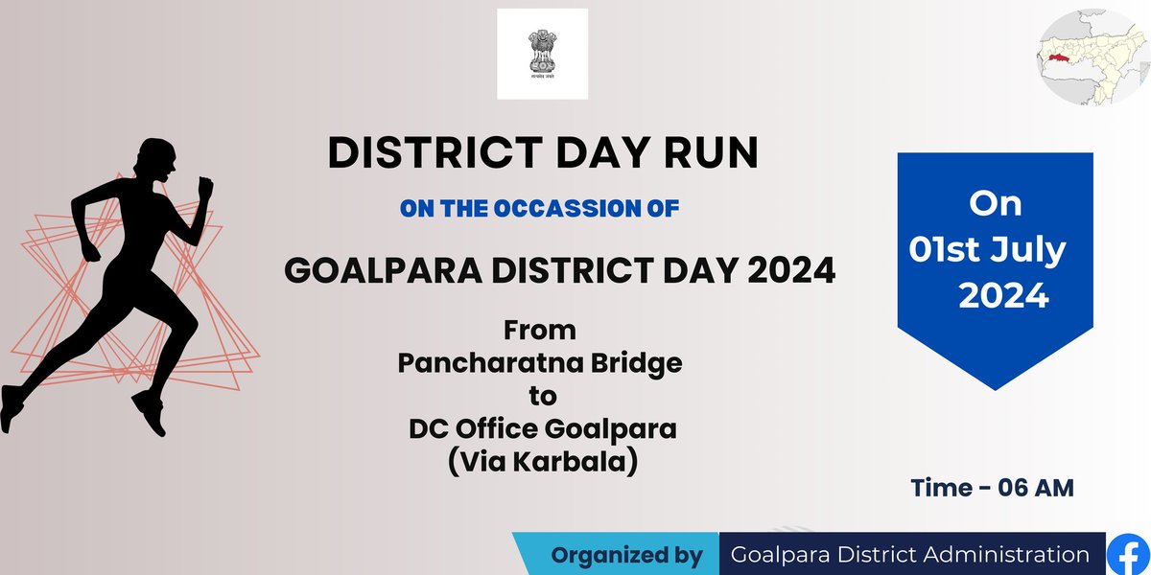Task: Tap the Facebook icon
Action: click(1128, 555)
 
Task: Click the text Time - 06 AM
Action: click(993, 488)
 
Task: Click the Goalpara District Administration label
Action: click(909, 555)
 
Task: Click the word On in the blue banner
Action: click(995, 204)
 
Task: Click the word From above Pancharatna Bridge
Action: click(541, 331)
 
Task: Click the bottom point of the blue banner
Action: click(996, 388)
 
